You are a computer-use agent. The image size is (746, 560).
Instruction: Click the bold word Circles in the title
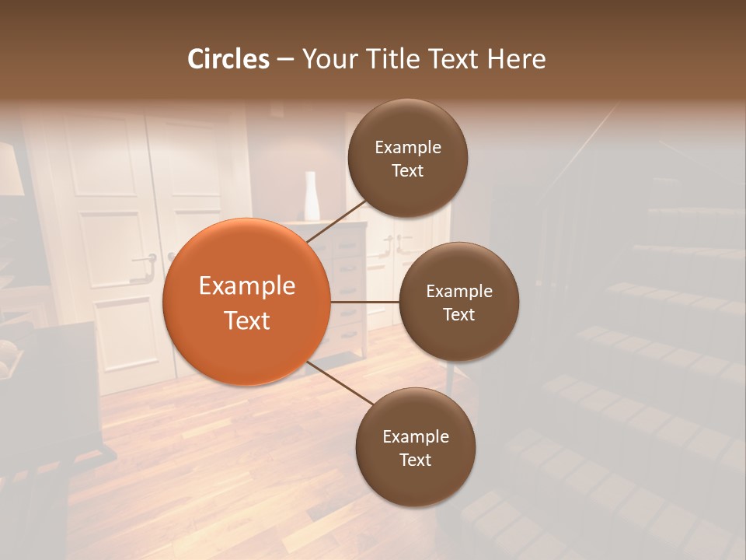(228, 59)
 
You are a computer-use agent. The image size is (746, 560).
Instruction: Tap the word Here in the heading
(515, 59)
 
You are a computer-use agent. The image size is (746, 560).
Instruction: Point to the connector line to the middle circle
(364, 302)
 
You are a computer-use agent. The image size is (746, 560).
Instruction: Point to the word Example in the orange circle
(247, 286)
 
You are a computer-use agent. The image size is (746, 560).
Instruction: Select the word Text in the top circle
(408, 171)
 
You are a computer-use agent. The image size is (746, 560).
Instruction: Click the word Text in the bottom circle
(416, 460)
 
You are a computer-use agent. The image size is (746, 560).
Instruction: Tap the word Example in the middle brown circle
(459, 292)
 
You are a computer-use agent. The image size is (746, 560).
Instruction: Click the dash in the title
(285, 59)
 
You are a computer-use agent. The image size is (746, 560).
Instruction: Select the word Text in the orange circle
(247, 320)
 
